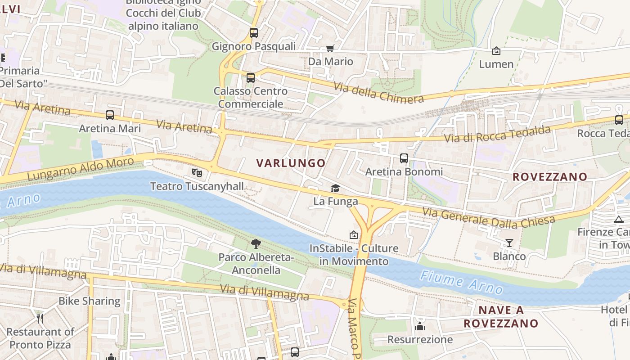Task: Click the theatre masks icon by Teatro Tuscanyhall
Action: pos(197,172)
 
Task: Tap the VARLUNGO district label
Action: pos(291,163)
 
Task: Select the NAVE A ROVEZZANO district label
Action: pos(501,317)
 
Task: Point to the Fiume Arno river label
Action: pos(461,282)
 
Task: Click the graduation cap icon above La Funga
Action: pos(335,188)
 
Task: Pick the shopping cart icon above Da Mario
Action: pos(330,48)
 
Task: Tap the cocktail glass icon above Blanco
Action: pos(509,243)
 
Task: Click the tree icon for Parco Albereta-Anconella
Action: pos(256,244)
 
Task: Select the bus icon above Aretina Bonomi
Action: pos(404,158)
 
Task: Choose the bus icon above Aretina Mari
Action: pos(110,115)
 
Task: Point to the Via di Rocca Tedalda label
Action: pos(497,135)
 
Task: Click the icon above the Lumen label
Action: pos(496,51)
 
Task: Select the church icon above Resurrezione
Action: pos(420,326)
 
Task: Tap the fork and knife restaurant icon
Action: pos(40,319)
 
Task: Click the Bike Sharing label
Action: pos(90,301)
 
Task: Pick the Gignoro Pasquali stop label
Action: pos(253,46)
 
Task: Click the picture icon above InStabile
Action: pos(354,235)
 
